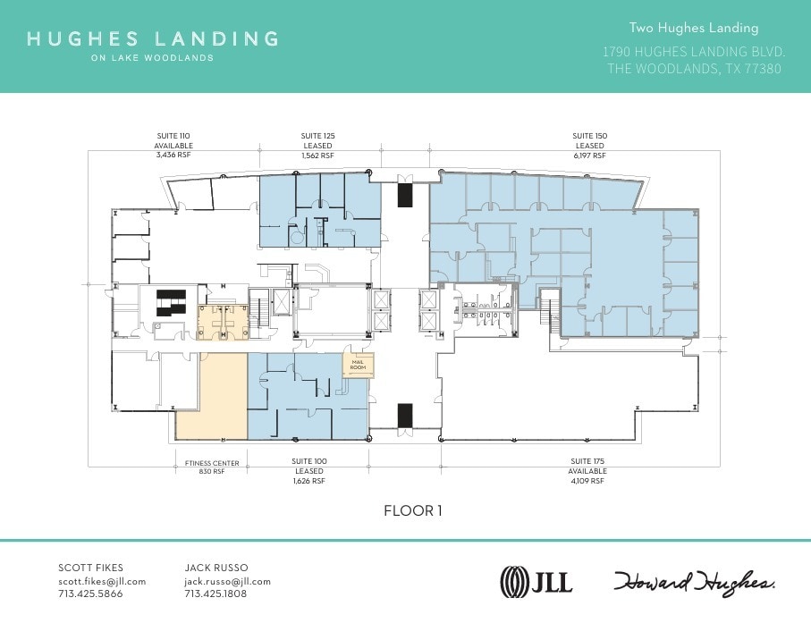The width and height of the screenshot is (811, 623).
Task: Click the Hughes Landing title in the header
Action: tap(152, 39)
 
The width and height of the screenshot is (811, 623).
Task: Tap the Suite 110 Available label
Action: tap(173, 146)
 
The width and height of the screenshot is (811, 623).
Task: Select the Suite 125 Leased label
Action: tap(317, 146)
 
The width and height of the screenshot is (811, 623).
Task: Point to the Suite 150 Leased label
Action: tap(589, 146)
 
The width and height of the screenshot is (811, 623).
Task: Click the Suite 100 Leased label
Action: tap(309, 471)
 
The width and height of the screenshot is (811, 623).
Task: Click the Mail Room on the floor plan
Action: tap(358, 365)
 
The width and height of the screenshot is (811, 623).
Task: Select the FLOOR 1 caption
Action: tap(412, 511)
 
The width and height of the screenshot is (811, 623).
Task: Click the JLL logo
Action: tap(536, 582)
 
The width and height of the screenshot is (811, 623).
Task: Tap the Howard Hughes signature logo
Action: tap(694, 582)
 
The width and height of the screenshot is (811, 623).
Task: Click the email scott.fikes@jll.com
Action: tap(102, 581)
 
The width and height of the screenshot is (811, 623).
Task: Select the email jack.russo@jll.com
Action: tap(227, 581)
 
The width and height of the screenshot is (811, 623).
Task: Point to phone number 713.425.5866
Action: tap(90, 594)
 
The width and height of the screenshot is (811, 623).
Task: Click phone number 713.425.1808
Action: tap(215, 594)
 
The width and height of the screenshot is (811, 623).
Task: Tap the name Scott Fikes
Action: tap(90, 568)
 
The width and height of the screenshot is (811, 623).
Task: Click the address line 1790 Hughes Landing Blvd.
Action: tap(694, 53)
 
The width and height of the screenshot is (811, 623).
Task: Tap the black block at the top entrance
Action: tap(405, 194)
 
